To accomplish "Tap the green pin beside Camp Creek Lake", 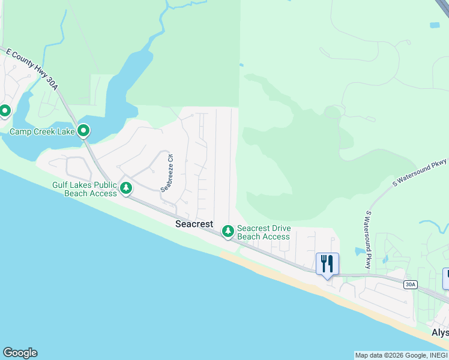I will click(84, 130).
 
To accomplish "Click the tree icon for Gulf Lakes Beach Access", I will click(126, 188).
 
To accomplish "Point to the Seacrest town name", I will click(194, 224).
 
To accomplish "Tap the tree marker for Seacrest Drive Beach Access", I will click(228, 231).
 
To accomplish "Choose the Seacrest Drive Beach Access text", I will click(264, 232).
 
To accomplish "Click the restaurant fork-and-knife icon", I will click(327, 263).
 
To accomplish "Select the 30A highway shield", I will click(410, 284).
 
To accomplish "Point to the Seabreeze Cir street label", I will click(166, 173).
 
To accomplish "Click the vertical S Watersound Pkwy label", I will click(367, 239).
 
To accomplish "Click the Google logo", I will click(20, 353).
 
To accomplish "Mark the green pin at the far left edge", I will click(5, 111).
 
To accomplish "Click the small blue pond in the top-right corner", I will click(434, 25).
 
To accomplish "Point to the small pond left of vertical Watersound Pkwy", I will click(360, 251).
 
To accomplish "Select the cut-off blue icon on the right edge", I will click(445, 278).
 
